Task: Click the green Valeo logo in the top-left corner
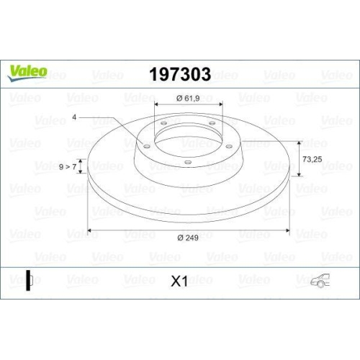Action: coord(27,71)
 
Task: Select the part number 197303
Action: coord(179,73)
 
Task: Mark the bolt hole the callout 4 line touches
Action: coord(147,147)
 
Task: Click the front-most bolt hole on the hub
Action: coord(187,161)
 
